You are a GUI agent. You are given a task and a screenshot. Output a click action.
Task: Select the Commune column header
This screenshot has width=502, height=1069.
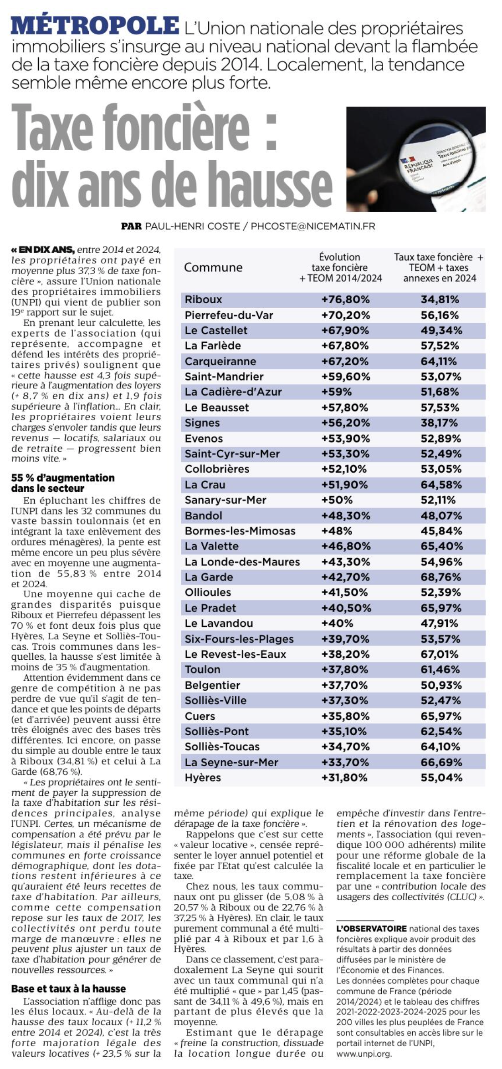click(x=213, y=267)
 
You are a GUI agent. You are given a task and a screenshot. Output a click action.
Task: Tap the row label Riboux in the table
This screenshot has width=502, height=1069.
click(x=203, y=300)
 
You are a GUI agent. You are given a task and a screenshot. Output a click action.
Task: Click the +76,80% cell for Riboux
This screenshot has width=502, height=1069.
click(x=345, y=300)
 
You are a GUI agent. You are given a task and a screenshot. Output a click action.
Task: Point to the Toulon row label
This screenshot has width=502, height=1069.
click(x=202, y=670)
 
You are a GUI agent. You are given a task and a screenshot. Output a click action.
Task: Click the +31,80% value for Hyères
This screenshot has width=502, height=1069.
click(x=344, y=778)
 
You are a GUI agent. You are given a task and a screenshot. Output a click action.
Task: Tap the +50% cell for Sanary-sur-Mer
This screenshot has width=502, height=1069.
click(x=337, y=500)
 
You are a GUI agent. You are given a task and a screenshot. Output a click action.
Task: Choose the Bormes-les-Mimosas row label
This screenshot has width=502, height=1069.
click(x=240, y=531)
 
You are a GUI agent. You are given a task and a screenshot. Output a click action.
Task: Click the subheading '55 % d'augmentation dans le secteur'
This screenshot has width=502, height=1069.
click(x=63, y=483)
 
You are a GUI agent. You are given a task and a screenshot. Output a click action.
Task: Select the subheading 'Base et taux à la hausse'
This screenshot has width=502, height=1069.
click(x=68, y=989)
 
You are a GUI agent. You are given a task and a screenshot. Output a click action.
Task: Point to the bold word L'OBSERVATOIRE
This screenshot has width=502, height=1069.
click(x=371, y=929)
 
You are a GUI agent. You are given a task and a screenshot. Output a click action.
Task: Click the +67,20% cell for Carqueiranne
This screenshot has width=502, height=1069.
click(x=345, y=361)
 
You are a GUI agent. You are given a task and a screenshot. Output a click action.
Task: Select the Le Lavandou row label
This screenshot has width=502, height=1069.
click(x=219, y=623)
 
